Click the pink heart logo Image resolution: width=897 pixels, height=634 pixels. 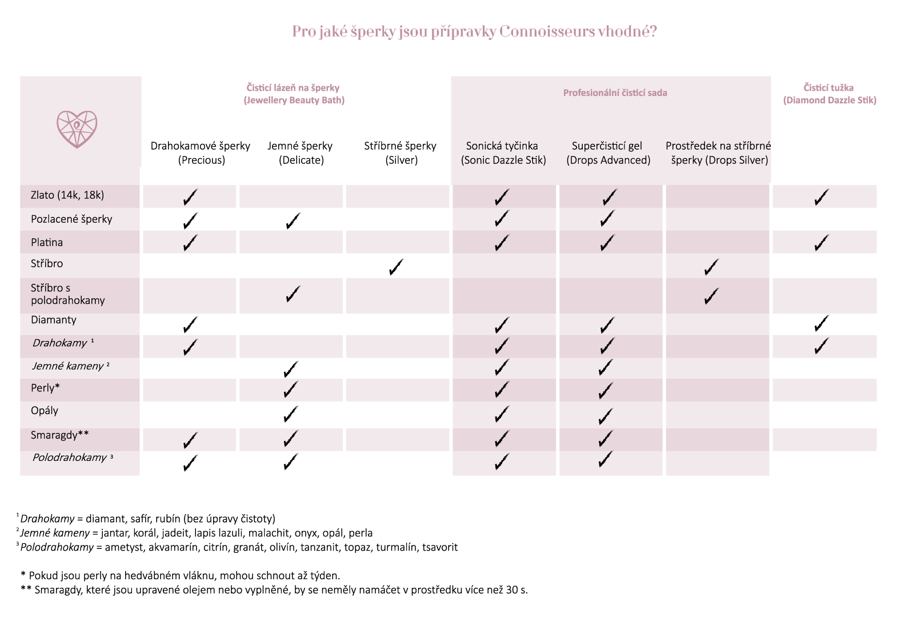pos(77,129)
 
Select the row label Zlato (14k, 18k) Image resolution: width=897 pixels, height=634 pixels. pos(67,195)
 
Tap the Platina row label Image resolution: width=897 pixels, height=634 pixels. pos(47,242)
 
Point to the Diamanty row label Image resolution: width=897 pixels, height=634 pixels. pos(54,320)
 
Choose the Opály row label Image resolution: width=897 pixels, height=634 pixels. pos(45,411)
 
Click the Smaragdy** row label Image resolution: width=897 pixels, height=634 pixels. pos(59,435)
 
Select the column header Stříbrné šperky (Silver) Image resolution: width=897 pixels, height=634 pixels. pos(401,153)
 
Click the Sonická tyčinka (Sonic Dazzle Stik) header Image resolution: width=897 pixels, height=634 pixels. pos(503,153)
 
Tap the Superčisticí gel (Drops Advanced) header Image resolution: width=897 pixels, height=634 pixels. pos(608,153)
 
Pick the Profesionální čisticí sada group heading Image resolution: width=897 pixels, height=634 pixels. pos(615,93)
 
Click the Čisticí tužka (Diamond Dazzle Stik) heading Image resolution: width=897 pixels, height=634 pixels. pos(829,94)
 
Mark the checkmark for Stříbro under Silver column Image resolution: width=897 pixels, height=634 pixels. pos(395,267)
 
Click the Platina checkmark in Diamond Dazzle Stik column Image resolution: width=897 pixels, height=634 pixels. pos(822,243)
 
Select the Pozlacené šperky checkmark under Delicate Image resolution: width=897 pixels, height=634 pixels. pos(293,221)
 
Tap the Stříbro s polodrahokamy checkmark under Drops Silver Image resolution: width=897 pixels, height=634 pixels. pos(711,296)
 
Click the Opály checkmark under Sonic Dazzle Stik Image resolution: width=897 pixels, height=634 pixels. pos(501,414)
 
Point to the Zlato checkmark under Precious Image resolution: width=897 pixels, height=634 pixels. pos(190,198)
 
